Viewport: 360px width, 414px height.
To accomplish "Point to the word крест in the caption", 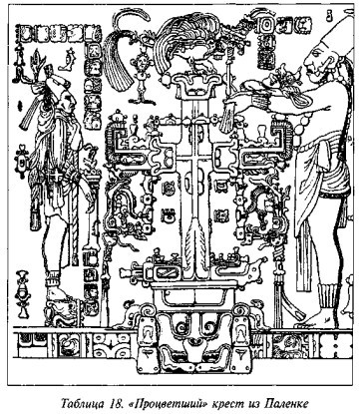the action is coord(229,405).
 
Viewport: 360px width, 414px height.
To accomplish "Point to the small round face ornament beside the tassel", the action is coord(142,63).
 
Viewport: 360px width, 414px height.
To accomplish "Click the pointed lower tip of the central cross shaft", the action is coord(197,276).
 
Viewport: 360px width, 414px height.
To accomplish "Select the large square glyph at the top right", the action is coord(267,25).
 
